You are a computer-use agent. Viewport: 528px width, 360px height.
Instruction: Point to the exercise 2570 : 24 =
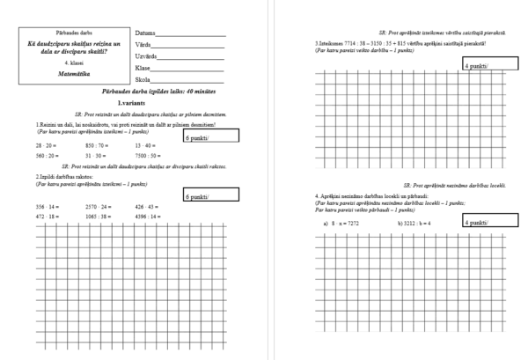coord(99,207)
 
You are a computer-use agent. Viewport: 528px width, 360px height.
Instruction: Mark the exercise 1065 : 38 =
coord(99,217)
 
